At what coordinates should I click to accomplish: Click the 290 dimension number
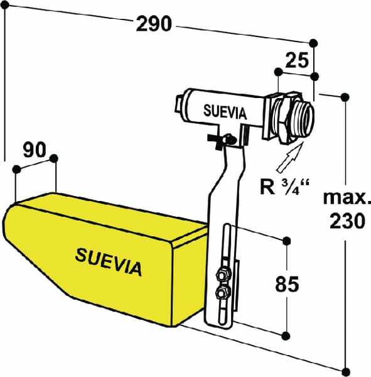[x=154, y=24]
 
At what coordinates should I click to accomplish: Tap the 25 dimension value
[x=297, y=60]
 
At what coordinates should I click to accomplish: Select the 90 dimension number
[x=35, y=150]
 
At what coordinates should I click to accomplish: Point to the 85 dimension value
[x=287, y=284]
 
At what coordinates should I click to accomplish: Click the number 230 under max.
[x=347, y=221]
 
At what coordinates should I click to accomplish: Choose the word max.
[x=347, y=198]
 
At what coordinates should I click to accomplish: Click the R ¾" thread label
[x=285, y=187]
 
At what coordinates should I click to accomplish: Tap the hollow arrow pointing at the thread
[x=290, y=157]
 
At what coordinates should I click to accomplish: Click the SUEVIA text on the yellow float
[x=109, y=262]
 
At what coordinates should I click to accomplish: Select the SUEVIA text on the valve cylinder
[x=225, y=112]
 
